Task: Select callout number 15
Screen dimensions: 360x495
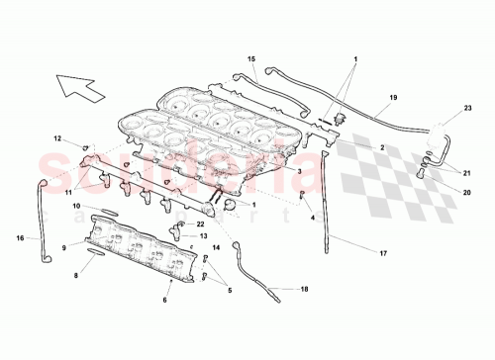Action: (x=251, y=59)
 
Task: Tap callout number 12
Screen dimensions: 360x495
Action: (x=57, y=138)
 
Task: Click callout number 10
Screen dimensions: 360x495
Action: (x=76, y=205)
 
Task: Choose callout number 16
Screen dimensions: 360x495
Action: (x=21, y=237)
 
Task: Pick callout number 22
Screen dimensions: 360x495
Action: (x=199, y=225)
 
